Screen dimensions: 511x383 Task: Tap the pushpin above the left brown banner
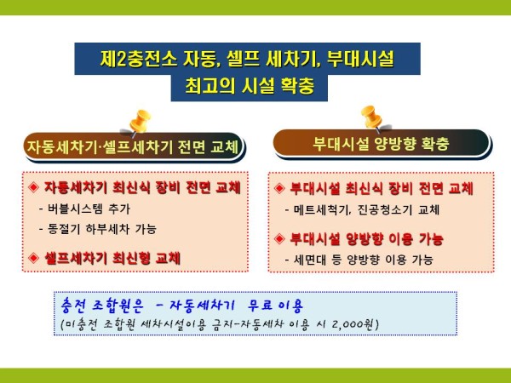pos(139,122)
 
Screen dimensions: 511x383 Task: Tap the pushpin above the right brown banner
pos(372,118)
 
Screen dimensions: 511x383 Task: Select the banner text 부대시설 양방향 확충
pos(381,144)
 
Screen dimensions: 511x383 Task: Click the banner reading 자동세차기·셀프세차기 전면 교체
pos(134,146)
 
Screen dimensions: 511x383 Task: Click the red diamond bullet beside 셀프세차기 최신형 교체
pos(33,258)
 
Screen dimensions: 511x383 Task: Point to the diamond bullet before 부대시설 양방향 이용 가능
pos(279,238)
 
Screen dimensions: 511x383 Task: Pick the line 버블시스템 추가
pos(84,209)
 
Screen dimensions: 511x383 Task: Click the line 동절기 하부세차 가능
pos(98,229)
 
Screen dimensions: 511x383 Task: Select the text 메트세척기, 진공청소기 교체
pos(362,209)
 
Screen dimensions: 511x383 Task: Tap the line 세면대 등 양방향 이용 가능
pos(359,260)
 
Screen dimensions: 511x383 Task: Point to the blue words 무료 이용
pos(276,306)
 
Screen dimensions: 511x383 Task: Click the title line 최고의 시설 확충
pos(250,86)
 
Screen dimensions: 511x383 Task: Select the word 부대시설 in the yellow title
pos(360,59)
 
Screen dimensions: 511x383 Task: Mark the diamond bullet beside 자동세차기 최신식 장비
pos(33,187)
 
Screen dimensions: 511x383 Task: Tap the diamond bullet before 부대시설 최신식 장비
pos(279,188)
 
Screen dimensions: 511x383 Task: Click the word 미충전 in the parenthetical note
pos(82,324)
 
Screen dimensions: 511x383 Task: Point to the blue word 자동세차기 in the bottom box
pos(202,306)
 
